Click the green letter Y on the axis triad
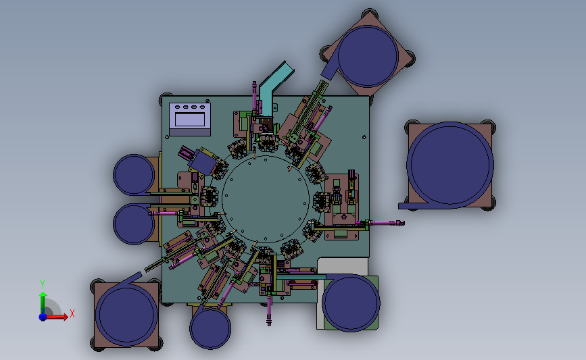[43, 284]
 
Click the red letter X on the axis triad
[72, 313]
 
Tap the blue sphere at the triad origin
[43, 317]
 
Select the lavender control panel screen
[190, 120]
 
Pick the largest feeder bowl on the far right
[450, 164]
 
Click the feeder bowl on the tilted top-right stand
[368, 56]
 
